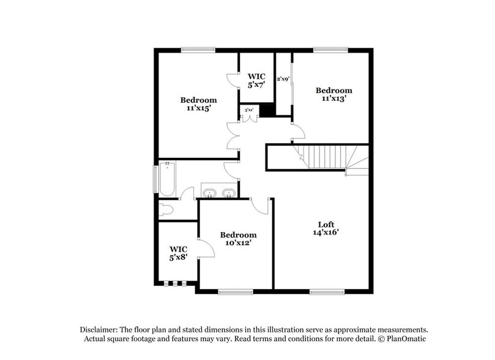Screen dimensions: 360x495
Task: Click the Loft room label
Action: click(326, 223)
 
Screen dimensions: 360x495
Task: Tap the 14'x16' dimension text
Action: click(326, 232)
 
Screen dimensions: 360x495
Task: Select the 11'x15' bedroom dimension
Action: click(198, 108)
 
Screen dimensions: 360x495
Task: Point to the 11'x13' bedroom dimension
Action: click(334, 98)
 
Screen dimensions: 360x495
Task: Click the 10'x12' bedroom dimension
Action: click(238, 242)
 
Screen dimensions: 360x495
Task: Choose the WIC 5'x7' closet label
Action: click(255, 78)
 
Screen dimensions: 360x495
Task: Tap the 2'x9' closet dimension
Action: click(283, 78)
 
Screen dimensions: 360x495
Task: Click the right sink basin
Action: click(229, 194)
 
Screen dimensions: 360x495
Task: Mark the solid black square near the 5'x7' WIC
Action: click(266, 110)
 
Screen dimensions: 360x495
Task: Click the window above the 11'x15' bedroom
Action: click(198, 50)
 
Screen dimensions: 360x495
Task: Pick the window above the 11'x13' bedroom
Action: click(330, 50)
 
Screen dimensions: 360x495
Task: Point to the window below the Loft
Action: click(326, 291)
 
